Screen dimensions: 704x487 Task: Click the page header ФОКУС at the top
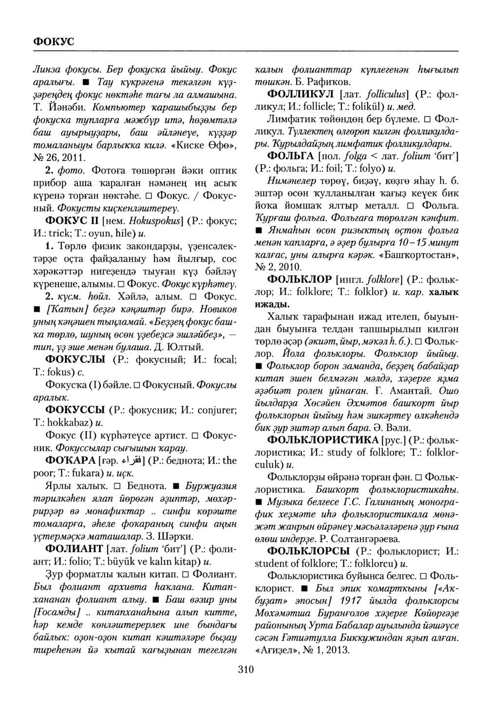(x=53, y=41)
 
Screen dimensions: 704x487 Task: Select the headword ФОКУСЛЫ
(x=75, y=360)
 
